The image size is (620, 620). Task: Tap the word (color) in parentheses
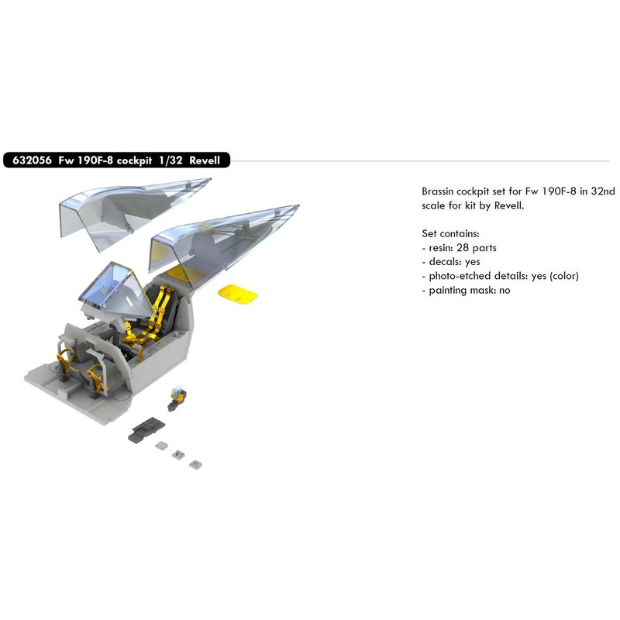pyautogui.click(x=560, y=276)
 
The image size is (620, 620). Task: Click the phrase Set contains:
pyautogui.click(x=452, y=233)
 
